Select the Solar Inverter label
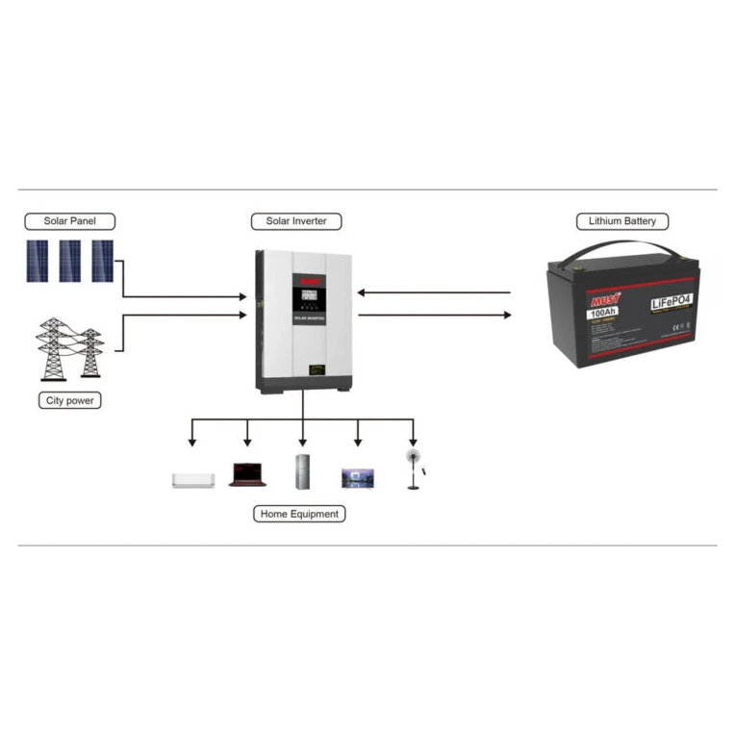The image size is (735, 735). (296, 221)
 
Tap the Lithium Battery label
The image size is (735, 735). (622, 221)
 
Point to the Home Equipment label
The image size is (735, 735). (300, 514)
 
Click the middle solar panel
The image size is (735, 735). (70, 261)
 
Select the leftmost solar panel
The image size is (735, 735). (38, 261)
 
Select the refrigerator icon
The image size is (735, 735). (303, 471)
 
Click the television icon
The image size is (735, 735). (357, 478)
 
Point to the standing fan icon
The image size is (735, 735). (414, 469)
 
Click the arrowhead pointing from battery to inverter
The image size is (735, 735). (364, 292)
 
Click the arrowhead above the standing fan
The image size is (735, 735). (414, 442)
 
